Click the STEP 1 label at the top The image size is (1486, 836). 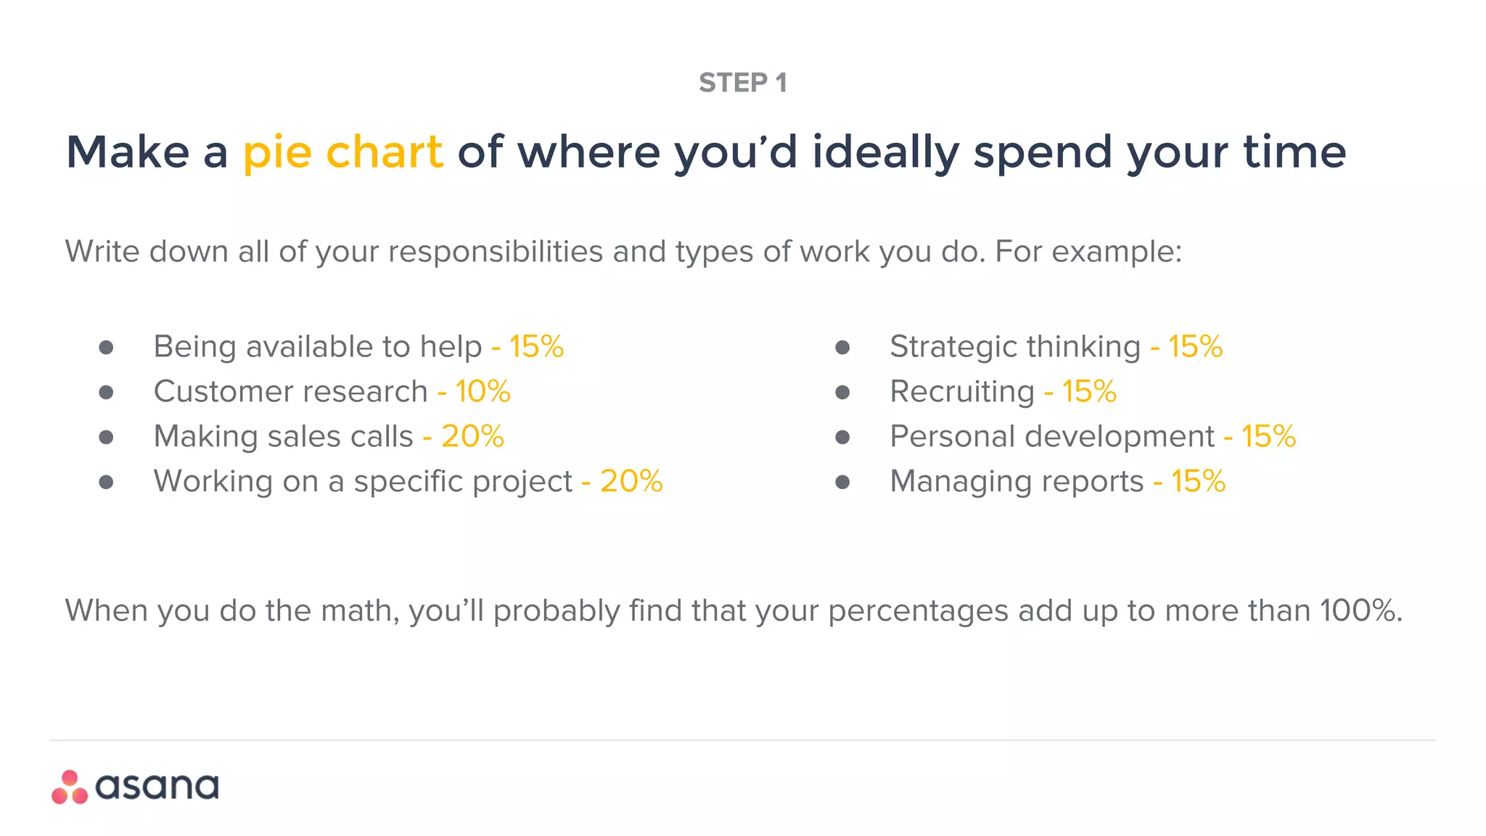coord(742,83)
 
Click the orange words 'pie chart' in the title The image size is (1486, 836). coord(342,152)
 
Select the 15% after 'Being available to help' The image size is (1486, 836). coord(536,346)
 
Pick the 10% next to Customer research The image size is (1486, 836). coord(483,391)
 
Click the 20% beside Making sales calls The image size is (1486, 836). coord(472,436)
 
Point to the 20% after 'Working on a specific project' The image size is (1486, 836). coord(631,481)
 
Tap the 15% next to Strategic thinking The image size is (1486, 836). coord(1195,346)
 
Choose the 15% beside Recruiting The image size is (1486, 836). coord(1089,391)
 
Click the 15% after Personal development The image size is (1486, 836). coord(1268,436)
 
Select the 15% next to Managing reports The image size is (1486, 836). coord(1198,481)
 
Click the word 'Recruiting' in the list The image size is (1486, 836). coord(962,392)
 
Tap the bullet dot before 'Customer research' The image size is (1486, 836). coord(106,393)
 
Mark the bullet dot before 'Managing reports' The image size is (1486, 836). coord(842,482)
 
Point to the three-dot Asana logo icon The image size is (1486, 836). coord(70,787)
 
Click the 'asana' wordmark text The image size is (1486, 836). coord(157,787)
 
